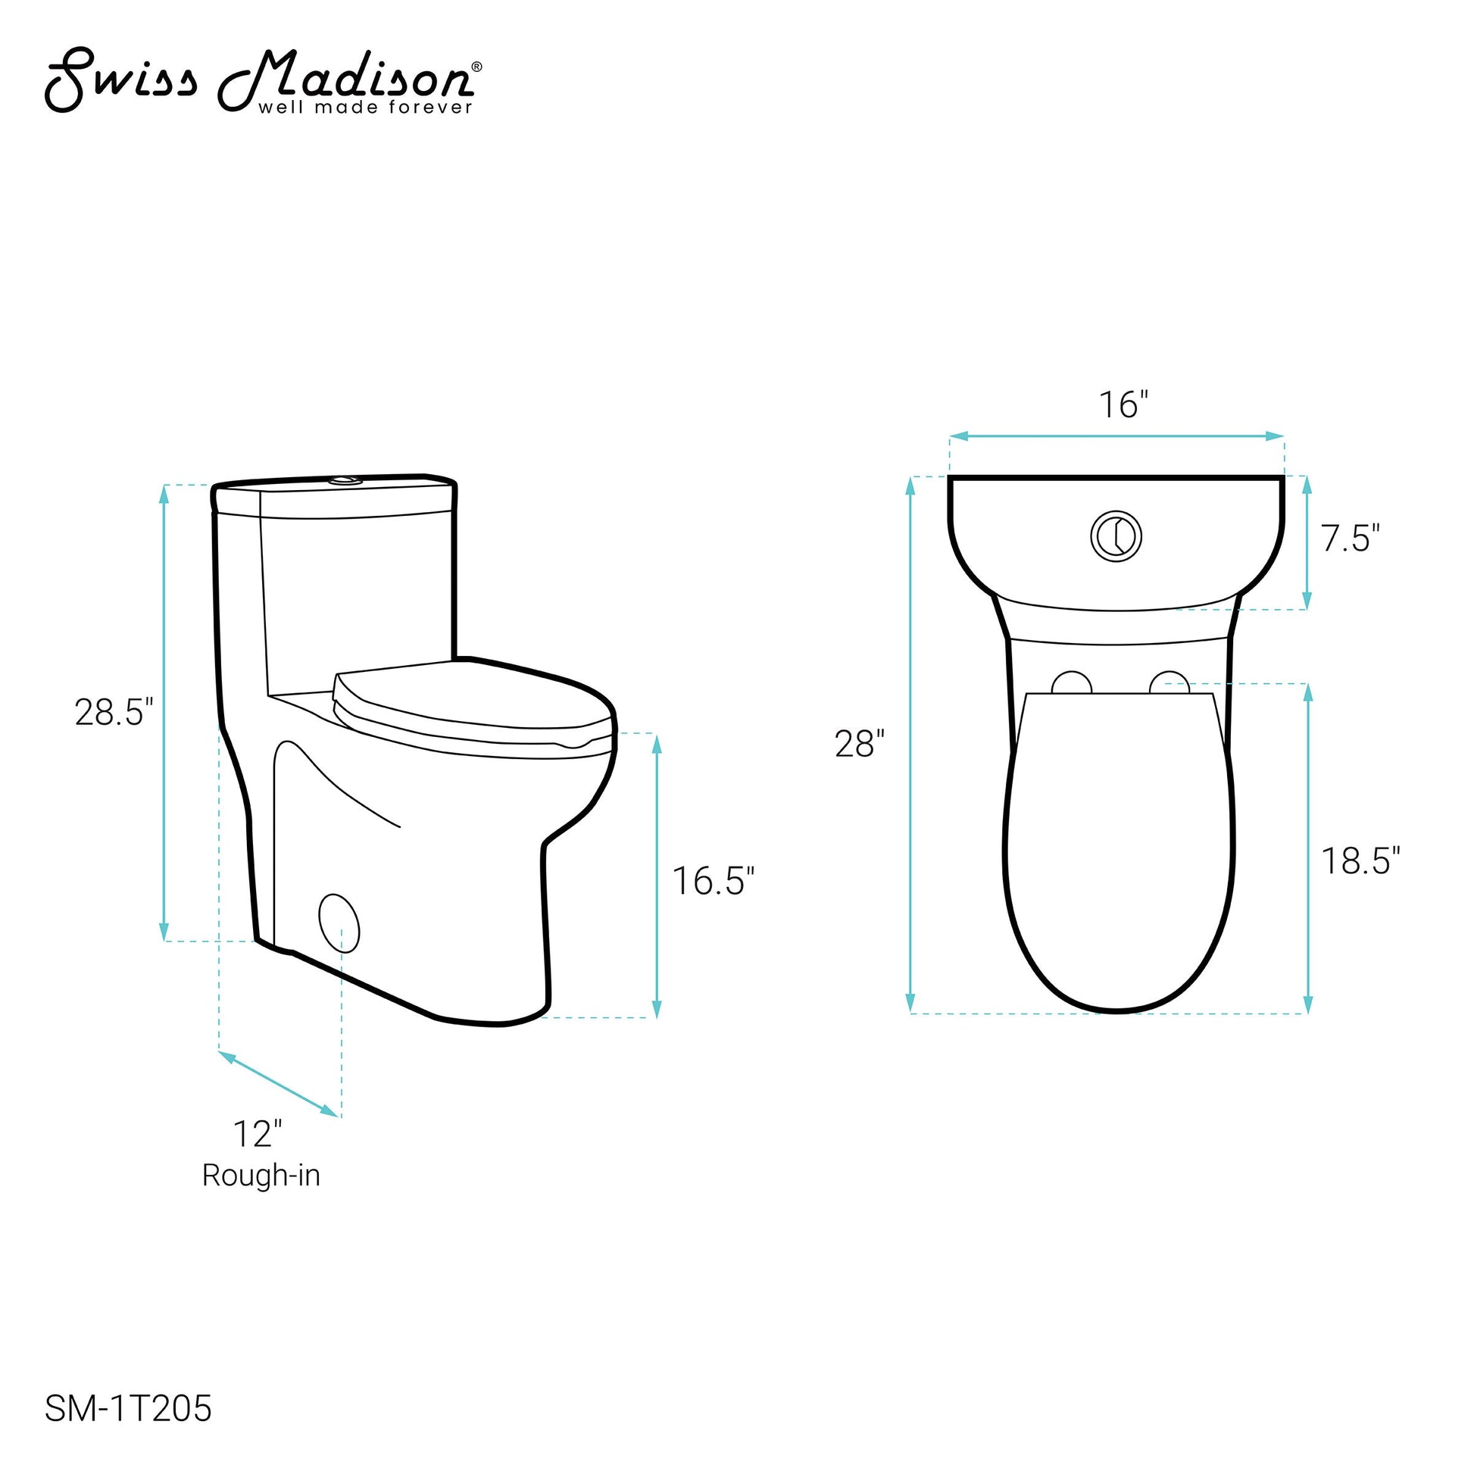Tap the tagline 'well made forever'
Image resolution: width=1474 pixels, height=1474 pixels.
tap(365, 108)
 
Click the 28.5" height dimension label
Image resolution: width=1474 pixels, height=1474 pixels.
tap(114, 713)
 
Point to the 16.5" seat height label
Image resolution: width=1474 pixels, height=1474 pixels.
tap(714, 881)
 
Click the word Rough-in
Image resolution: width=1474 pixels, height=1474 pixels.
tap(261, 1176)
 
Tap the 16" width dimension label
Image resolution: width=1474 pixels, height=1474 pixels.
tap(1123, 404)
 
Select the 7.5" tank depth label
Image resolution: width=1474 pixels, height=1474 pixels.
tap(1351, 539)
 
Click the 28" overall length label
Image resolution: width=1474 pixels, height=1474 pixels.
tap(860, 744)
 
